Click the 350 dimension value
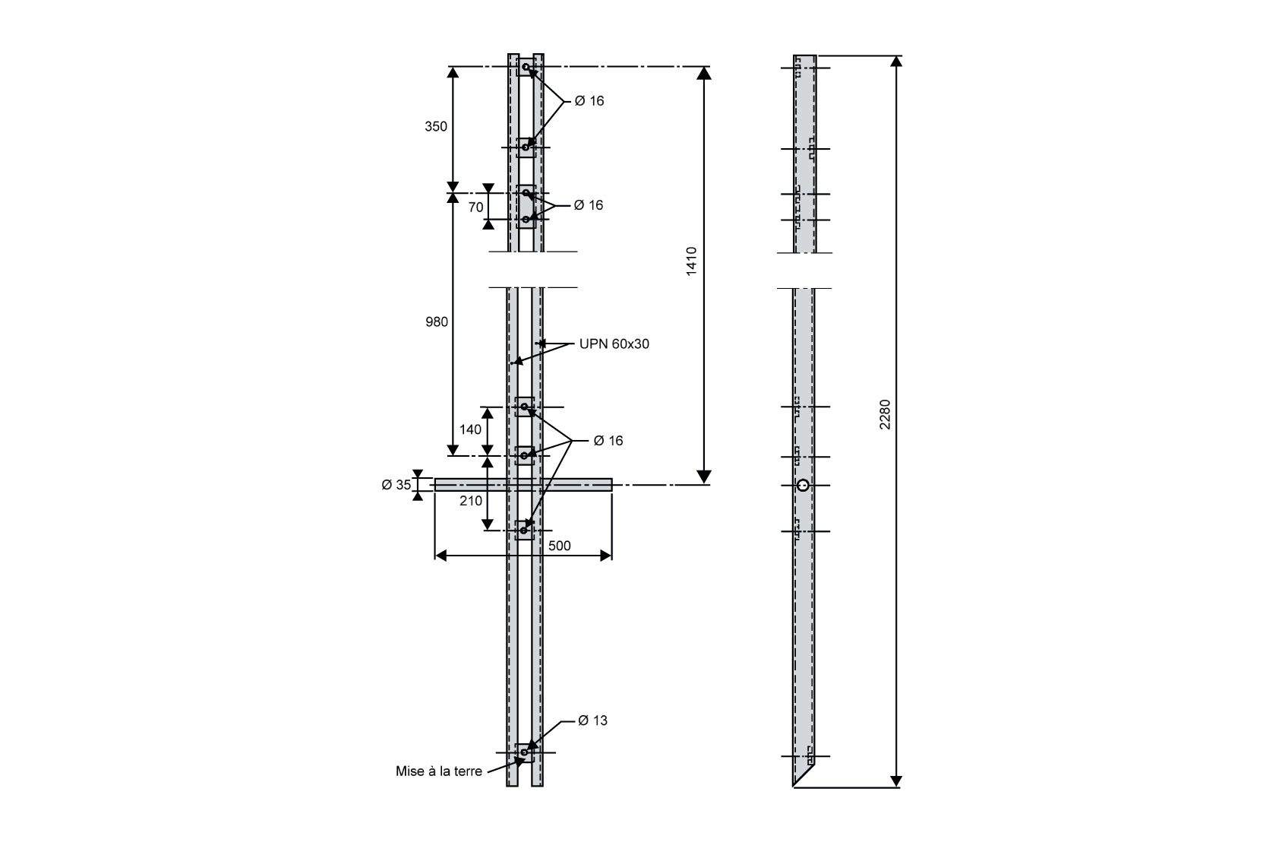[435, 127]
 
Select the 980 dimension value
[436, 322]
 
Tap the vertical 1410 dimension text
[691, 261]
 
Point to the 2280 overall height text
[885, 415]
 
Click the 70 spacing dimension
[475, 207]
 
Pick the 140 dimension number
[470, 429]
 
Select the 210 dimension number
[470, 501]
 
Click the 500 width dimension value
[559, 546]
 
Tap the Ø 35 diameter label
[396, 485]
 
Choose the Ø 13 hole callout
[592, 720]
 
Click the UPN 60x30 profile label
[614, 344]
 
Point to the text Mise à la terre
[439, 771]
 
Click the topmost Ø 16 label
[589, 101]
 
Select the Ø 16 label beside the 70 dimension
[589, 205]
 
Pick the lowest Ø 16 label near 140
[608, 441]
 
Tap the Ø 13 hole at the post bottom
[524, 752]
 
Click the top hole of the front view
[526, 67]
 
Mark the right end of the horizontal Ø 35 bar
[612, 485]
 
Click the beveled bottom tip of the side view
[794, 787]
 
